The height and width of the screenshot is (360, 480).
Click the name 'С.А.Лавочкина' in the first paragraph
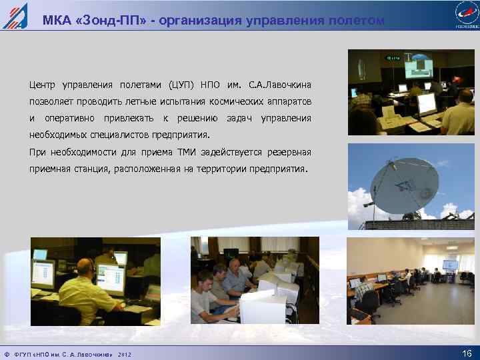point(279,86)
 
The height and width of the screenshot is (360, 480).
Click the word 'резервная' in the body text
point(288,153)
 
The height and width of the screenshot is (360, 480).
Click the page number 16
point(466,353)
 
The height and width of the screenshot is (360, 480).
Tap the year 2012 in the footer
point(125,354)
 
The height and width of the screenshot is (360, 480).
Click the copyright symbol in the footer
point(6,354)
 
